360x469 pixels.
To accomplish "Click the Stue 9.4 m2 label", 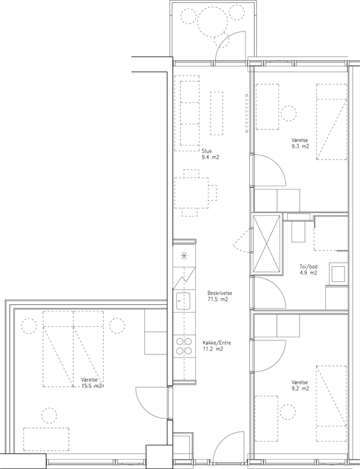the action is (211, 154).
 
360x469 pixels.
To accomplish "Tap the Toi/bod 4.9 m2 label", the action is (308, 269).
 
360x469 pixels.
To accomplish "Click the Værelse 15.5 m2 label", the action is (92, 383).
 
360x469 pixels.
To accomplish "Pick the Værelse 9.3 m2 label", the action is (300, 143).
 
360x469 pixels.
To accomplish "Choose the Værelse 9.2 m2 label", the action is (300, 385).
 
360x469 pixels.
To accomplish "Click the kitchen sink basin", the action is (183, 301).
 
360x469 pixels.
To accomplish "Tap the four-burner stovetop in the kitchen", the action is (184, 346).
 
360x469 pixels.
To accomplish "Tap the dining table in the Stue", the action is (192, 193).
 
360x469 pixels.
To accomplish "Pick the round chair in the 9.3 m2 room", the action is (289, 114).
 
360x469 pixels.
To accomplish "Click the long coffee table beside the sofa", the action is (217, 113).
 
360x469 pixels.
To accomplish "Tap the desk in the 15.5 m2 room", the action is (46, 440).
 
